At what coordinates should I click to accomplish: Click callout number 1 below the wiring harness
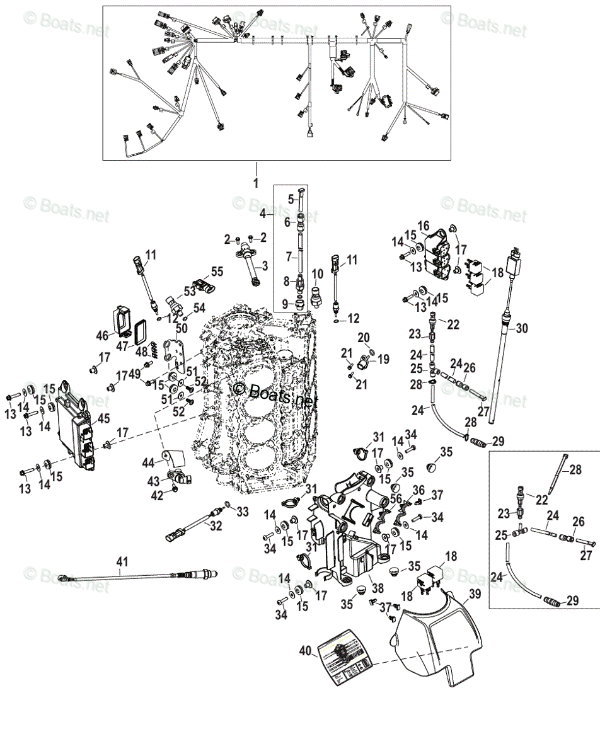pos(256,182)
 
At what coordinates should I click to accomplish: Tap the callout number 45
pos(103,418)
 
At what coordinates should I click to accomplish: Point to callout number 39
pos(475,594)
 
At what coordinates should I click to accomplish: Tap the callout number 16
pos(422,226)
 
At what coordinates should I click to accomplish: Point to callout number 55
pos(217,272)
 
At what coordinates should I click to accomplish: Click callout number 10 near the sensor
pos(318,273)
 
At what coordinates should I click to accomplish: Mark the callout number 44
pos(148,463)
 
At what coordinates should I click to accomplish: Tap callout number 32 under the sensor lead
pos(216,526)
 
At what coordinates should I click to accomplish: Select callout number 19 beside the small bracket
pos(383,359)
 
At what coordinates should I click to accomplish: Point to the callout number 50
pos(182,328)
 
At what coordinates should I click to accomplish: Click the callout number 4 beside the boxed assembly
pos(262,214)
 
